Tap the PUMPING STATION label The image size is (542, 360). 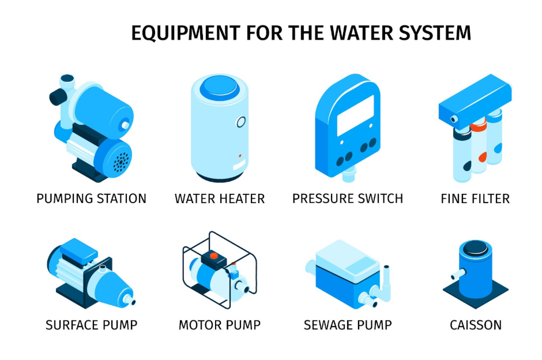click(x=92, y=198)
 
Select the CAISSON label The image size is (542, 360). click(x=476, y=325)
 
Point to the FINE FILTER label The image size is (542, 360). click(x=475, y=198)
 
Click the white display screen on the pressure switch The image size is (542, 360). click(x=355, y=115)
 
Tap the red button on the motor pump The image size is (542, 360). click(x=214, y=256)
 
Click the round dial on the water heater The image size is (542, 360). click(x=241, y=122)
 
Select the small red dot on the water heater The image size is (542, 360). click(x=240, y=156)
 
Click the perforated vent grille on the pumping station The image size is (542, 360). click(x=121, y=161)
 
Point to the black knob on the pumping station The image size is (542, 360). click(x=58, y=97)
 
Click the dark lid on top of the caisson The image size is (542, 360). click(x=476, y=248)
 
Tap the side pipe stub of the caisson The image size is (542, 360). click(x=458, y=274)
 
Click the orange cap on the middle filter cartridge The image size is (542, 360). click(x=479, y=125)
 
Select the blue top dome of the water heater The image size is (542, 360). click(x=220, y=87)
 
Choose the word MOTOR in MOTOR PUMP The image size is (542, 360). click(x=200, y=325)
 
